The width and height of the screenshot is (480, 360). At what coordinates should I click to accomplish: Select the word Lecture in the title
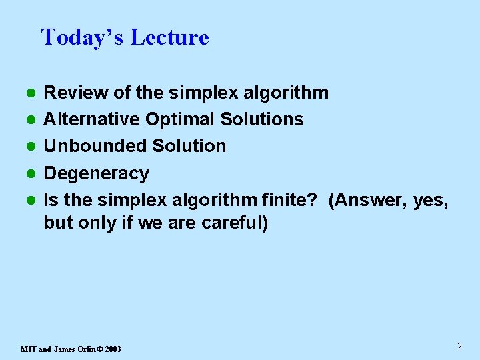point(169,37)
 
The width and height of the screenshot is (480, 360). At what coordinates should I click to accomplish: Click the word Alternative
point(92,119)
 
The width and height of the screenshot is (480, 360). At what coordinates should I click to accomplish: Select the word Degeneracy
point(96,173)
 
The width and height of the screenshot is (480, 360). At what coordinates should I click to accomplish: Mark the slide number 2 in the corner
point(460,346)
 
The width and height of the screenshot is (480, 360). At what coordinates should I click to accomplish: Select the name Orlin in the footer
point(85,349)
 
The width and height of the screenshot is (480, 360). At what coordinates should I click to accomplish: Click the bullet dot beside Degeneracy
point(30,174)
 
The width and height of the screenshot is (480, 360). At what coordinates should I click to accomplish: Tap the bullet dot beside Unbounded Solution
point(30,147)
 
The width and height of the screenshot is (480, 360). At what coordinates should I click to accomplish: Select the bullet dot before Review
point(30,93)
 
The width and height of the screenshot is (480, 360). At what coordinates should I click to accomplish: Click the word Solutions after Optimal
point(261,119)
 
